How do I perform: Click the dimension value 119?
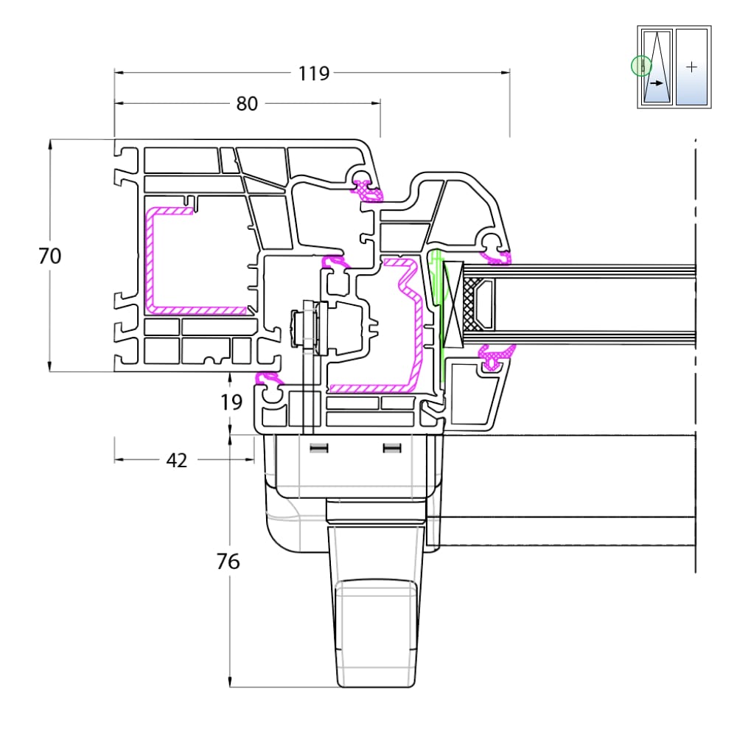(314, 73)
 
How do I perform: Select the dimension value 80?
(247, 104)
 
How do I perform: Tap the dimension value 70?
(49, 256)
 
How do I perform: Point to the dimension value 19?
(231, 402)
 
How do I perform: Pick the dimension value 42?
(177, 461)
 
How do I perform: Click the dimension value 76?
(228, 562)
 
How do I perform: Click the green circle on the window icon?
(641, 66)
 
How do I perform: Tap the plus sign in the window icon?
(691, 67)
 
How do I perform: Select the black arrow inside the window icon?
(657, 83)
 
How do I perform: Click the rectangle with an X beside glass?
(453, 304)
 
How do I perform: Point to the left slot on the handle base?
(318, 448)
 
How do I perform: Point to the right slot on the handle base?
(392, 448)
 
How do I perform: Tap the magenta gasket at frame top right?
(368, 190)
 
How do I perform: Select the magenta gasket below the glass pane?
(495, 356)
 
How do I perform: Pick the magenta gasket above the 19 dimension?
(269, 378)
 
